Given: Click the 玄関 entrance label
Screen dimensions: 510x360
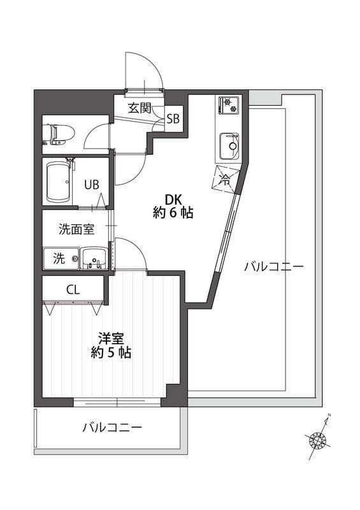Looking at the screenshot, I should (138, 108).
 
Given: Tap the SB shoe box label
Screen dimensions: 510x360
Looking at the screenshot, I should (173, 119).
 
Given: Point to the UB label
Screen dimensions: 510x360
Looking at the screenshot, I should (92, 186).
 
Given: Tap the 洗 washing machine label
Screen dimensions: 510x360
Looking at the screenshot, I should (59, 258).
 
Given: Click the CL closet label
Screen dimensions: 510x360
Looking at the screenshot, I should (73, 289).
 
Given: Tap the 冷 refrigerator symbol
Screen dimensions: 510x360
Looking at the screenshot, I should (225, 178).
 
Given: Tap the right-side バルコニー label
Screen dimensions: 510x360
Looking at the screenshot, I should (273, 266).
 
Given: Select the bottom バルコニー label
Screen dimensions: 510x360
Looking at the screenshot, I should (112, 427).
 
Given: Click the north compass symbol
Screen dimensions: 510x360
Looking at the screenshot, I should (317, 439).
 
